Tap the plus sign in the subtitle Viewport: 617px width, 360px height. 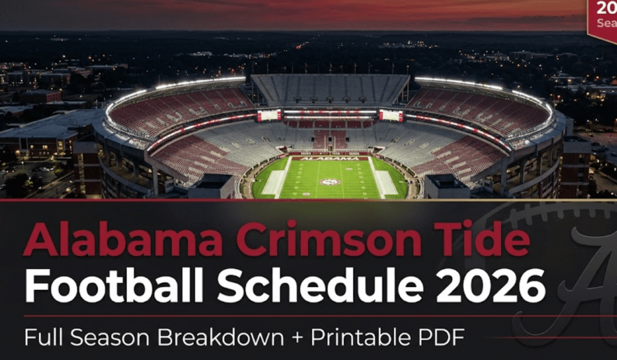click(298, 337)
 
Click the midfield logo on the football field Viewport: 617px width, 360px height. click(330, 182)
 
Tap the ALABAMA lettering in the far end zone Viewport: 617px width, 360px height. click(330, 159)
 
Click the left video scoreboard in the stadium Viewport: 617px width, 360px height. click(269, 115)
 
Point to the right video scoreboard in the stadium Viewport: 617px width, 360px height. click(390, 115)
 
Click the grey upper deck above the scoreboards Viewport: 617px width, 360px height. click(330, 89)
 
